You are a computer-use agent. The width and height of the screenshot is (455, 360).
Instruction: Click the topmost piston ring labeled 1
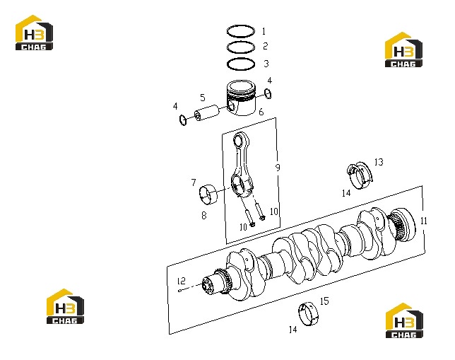[241, 25]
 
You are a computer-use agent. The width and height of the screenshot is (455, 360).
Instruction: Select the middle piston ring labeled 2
[241, 42]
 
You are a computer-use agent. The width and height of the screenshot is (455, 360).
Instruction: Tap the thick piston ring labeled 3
[241, 59]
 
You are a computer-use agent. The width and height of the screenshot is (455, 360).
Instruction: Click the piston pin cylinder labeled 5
[208, 112]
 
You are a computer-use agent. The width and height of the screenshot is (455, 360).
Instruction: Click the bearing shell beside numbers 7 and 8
[208, 194]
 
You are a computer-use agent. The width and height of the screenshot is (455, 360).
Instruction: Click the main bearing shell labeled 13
[360, 175]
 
